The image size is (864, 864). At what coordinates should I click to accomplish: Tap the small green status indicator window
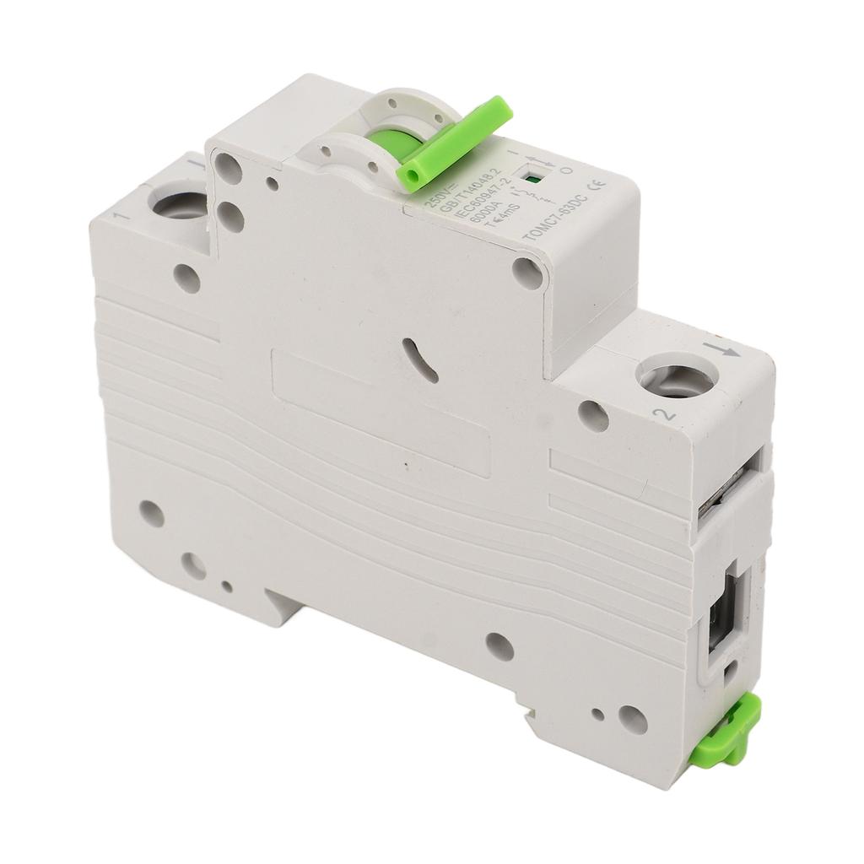point(533,178)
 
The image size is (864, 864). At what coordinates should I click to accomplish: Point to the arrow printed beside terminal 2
point(724,348)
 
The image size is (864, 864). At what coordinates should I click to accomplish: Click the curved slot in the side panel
point(419,361)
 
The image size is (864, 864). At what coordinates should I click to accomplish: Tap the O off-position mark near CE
point(567,170)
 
